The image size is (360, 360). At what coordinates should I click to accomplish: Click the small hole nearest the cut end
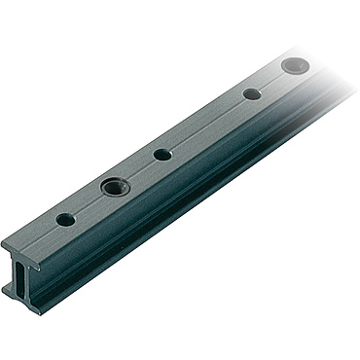[65, 220]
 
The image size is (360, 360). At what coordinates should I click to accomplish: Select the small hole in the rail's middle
[162, 155]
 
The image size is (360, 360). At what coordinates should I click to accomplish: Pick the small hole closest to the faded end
[252, 94]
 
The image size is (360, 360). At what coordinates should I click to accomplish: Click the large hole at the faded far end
[293, 66]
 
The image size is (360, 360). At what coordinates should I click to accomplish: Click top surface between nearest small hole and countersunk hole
[90, 202]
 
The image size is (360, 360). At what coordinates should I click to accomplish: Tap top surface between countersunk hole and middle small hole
[137, 170]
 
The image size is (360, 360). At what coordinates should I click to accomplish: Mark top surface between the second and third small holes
[206, 125]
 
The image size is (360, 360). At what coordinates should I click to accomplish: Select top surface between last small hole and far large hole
[272, 81]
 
